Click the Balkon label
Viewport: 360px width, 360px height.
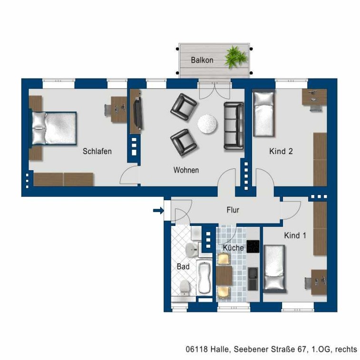202,60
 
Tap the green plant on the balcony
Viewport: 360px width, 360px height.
236,57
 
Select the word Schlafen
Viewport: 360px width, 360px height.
97,151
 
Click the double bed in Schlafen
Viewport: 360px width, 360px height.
53,128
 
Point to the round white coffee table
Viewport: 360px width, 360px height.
207,124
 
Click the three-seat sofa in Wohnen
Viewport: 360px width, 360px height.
234,126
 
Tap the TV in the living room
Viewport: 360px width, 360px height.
138,113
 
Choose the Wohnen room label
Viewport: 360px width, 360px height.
186,170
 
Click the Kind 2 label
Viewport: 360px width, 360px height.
281,151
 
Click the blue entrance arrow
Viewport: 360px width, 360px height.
158,210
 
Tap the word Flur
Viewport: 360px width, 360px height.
233,210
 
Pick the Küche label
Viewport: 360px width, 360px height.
234,248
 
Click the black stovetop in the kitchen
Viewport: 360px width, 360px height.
253,247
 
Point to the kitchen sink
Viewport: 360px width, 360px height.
253,279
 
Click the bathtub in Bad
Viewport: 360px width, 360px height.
204,278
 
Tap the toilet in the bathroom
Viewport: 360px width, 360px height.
185,288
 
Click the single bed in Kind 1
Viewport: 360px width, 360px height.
274,269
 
